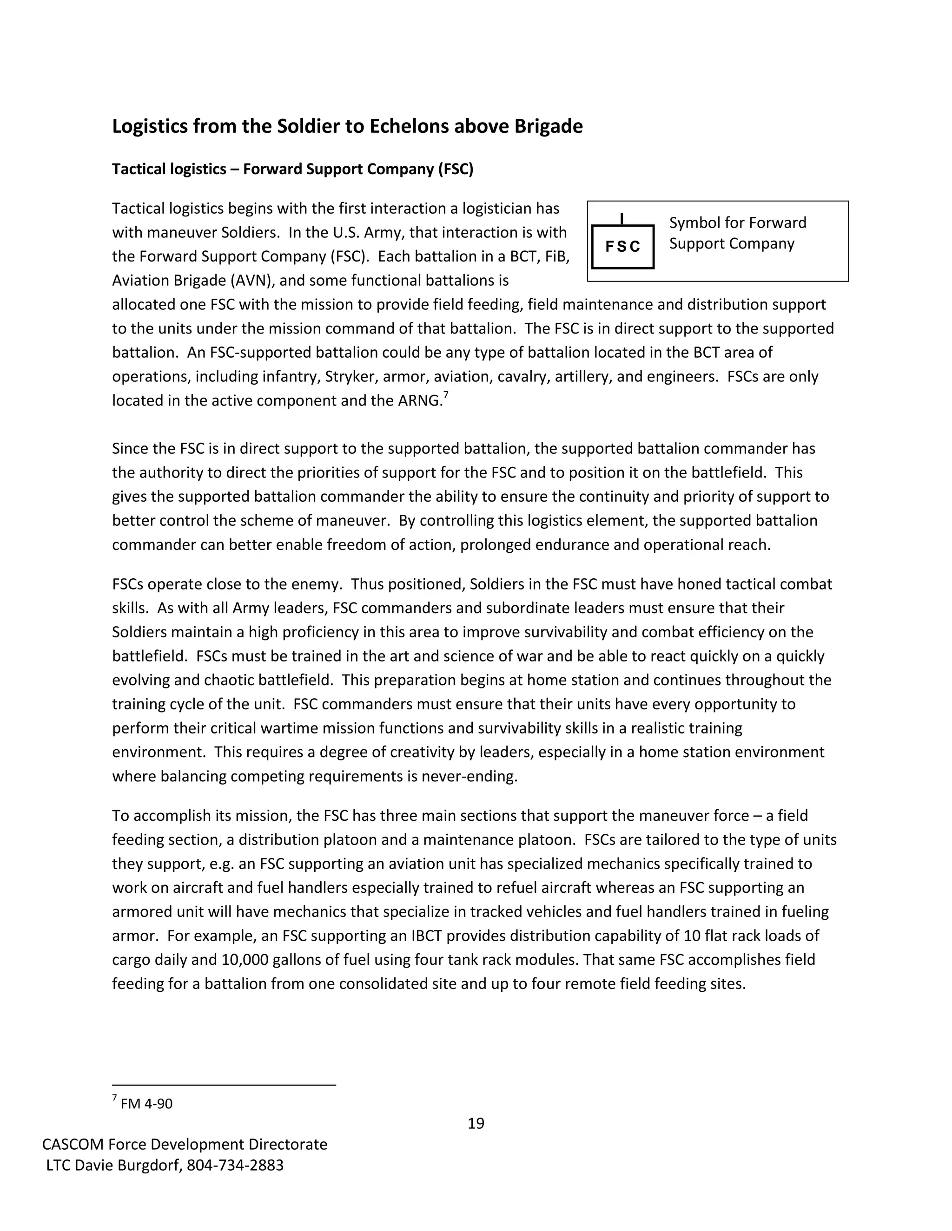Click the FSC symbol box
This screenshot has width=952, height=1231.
coord(622,247)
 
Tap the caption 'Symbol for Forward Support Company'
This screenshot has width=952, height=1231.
coord(737,233)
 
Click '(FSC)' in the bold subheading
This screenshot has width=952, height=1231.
coord(455,169)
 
